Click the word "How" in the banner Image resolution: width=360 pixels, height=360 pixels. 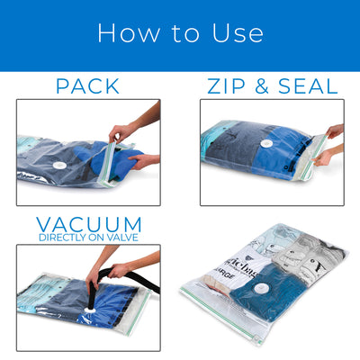pos(121,33)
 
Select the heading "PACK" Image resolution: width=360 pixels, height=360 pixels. pos(87,86)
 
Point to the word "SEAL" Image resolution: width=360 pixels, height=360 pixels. pos(305,86)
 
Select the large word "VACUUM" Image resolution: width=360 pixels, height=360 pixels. pos(88,224)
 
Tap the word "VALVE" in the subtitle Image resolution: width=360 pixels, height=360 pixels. pos(125,238)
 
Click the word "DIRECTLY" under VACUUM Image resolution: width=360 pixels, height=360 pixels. pos(61,238)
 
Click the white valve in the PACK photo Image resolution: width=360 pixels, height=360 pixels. pos(60,166)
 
